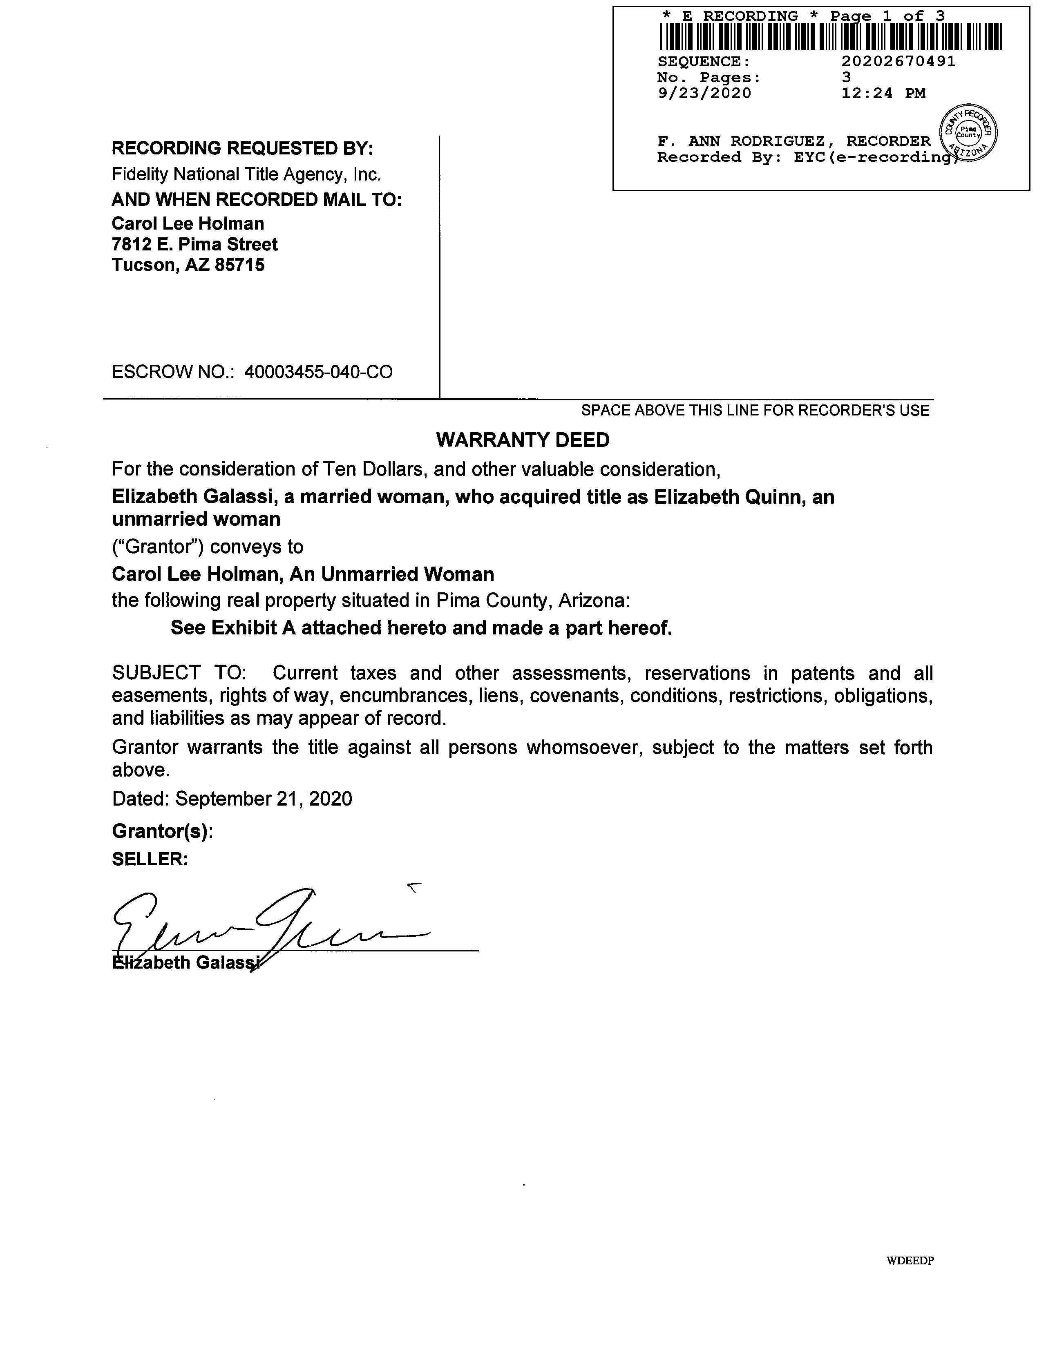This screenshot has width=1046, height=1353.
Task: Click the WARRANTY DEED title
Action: tap(522, 440)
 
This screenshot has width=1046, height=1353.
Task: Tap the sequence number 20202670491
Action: tap(898, 61)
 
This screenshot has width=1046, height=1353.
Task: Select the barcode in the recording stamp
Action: tap(830, 36)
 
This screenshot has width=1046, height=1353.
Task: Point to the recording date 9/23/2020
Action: tap(704, 94)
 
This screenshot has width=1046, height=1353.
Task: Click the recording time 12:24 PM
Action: tap(883, 94)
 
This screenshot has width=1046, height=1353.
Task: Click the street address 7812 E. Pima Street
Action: tap(194, 244)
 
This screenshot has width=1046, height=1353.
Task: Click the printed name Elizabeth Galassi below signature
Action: tap(186, 963)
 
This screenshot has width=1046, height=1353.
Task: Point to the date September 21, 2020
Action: tap(264, 799)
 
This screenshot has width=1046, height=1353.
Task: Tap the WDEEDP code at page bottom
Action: tap(910, 1261)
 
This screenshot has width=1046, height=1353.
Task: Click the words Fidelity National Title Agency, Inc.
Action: tap(246, 175)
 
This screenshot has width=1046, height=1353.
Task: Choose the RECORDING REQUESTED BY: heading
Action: tap(242, 149)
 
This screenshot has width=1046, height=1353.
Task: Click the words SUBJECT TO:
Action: tap(179, 673)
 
